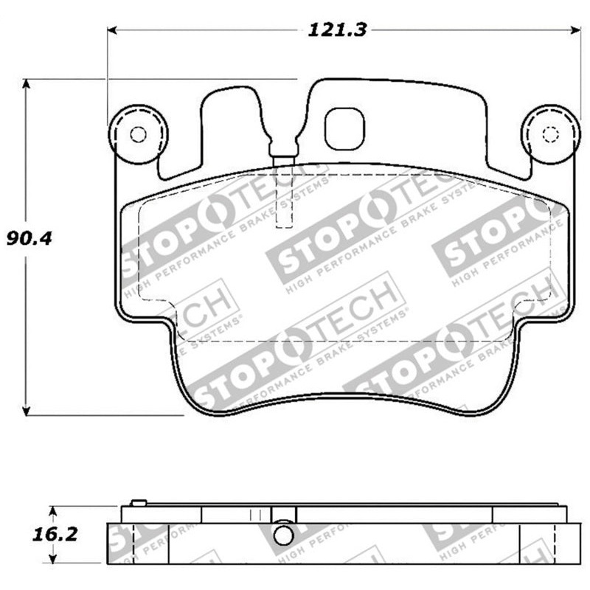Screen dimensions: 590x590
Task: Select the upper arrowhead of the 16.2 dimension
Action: (52, 510)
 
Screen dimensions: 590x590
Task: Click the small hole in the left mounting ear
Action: (138, 134)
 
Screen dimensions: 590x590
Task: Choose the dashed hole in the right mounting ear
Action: (549, 134)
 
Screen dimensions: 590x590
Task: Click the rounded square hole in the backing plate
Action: (343, 126)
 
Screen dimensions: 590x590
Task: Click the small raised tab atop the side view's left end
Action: (136, 504)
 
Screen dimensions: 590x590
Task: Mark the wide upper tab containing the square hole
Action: (398, 118)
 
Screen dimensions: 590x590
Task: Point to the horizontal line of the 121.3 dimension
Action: (221, 30)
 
